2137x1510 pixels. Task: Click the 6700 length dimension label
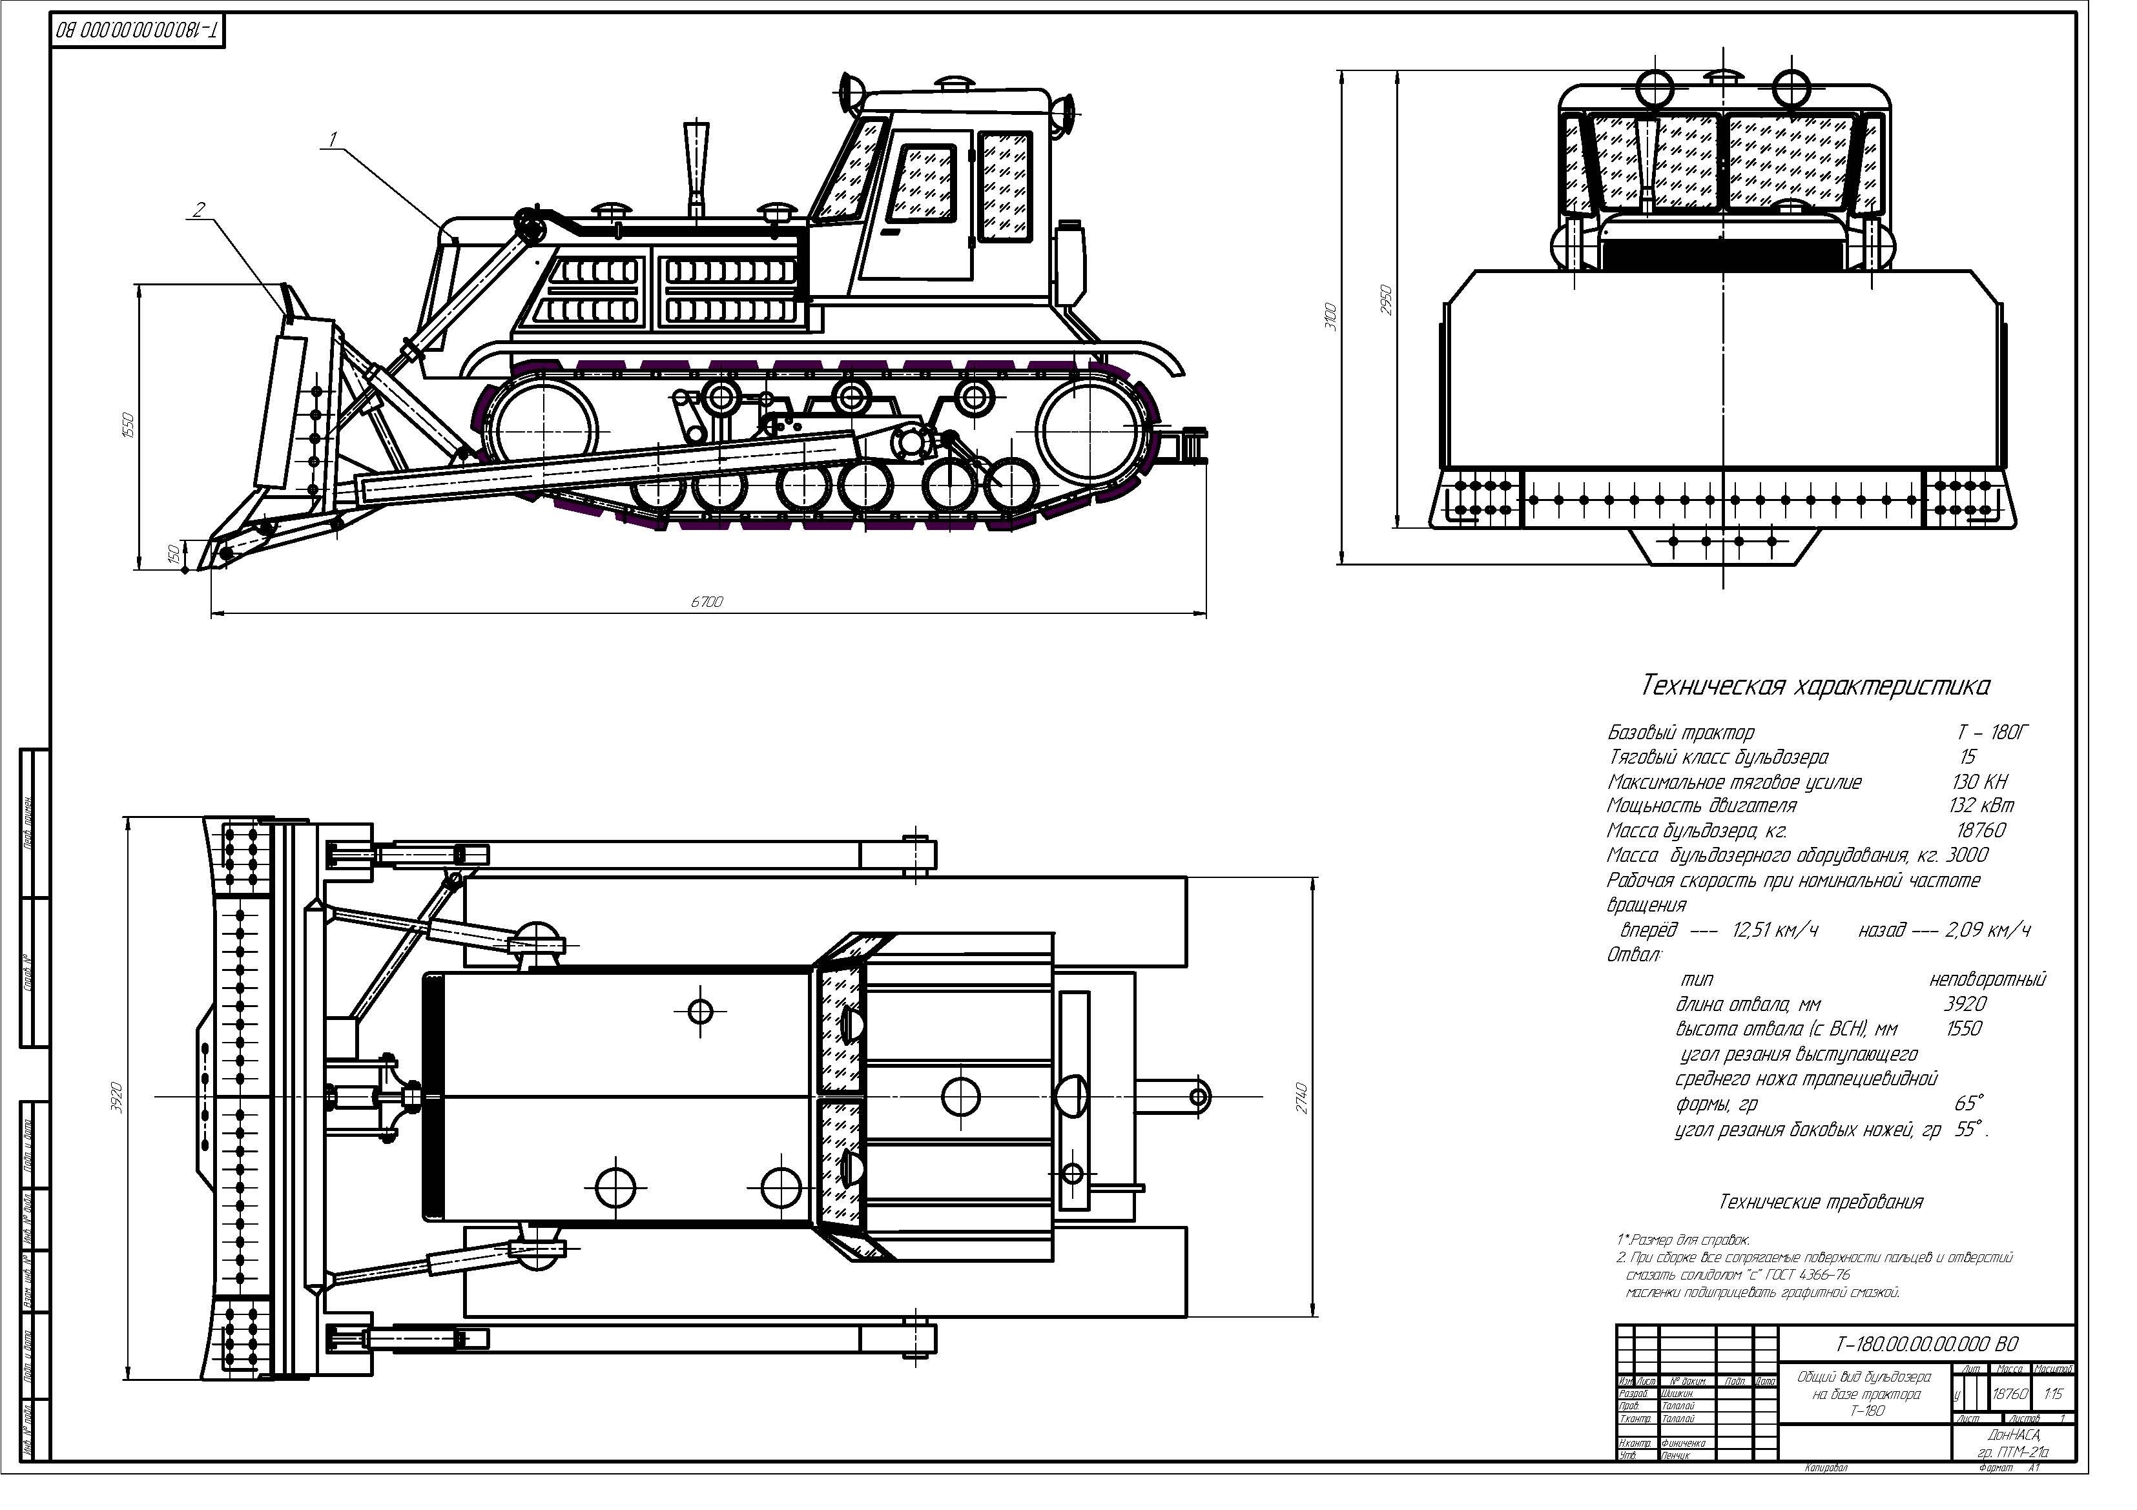pyautogui.click(x=707, y=602)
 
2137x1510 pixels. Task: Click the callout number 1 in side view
pyautogui.click(x=333, y=139)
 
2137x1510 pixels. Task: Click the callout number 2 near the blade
pyautogui.click(x=198, y=210)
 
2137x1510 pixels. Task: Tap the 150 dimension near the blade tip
pyautogui.click(x=172, y=555)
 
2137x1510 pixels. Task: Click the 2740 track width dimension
pyautogui.click(x=1302, y=1099)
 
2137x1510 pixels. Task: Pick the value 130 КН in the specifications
pyautogui.click(x=1979, y=782)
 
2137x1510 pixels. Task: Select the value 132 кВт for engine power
pyautogui.click(x=1981, y=806)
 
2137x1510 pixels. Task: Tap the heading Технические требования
pyautogui.click(x=1820, y=1202)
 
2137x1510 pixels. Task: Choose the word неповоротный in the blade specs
pyautogui.click(x=1987, y=980)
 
